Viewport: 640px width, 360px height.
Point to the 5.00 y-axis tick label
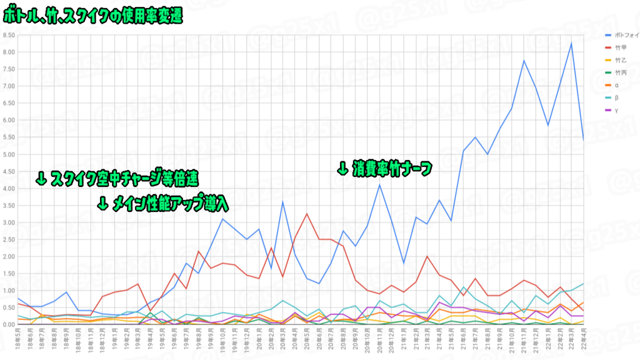[9, 154]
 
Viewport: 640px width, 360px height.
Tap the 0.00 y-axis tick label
[9, 325]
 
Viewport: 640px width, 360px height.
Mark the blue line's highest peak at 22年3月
[571, 42]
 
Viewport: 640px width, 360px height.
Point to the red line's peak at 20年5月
[307, 214]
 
